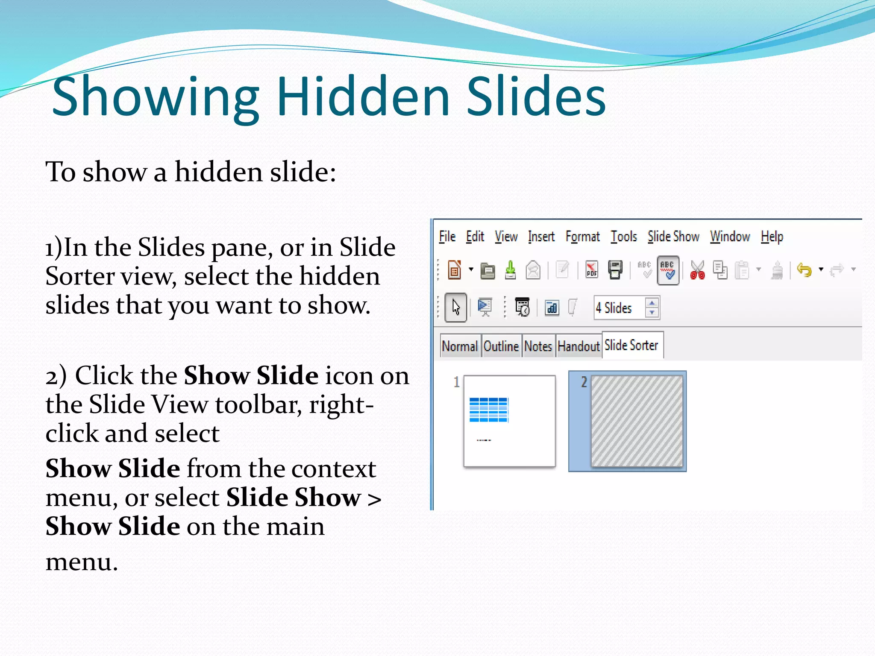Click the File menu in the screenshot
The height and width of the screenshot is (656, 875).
point(447,237)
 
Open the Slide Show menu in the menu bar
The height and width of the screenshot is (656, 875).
point(673,237)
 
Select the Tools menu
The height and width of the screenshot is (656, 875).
point(623,237)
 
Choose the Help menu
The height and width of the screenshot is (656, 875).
point(772,237)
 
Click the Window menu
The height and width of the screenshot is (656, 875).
point(730,237)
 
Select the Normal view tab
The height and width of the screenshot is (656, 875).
point(460,346)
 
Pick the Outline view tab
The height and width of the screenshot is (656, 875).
point(501,346)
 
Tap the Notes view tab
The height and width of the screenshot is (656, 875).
point(538,346)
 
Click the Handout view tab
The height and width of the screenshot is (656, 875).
point(578,346)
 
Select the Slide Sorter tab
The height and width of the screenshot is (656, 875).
point(631,345)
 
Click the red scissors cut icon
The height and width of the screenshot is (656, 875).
point(697,270)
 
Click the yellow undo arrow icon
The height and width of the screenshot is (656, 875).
point(804,270)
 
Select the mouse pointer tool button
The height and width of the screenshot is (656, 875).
point(455,307)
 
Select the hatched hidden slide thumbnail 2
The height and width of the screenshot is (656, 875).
point(636,421)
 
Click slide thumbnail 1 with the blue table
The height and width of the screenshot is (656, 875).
point(509,421)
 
